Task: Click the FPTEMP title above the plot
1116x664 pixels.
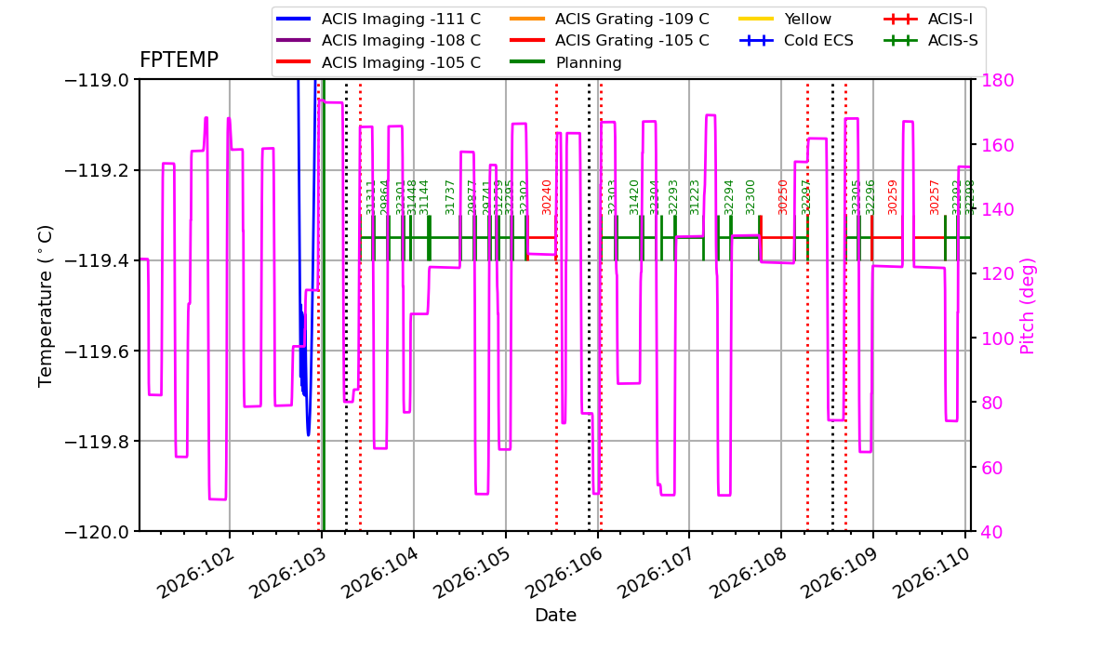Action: [x=179, y=60]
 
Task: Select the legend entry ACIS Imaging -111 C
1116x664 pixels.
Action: [x=401, y=19]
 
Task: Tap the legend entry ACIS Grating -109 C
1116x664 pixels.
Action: [x=631, y=19]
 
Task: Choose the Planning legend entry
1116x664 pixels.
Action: [x=589, y=63]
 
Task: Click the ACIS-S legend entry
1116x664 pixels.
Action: [x=956, y=41]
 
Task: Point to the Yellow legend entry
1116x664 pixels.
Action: [x=807, y=19]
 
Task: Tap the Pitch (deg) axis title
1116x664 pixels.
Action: [x=1028, y=305]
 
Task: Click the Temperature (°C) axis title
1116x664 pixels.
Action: [x=46, y=305]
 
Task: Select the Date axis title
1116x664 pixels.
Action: [x=555, y=616]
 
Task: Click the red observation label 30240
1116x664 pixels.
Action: [x=547, y=197]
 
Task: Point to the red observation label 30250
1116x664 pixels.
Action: [x=783, y=197]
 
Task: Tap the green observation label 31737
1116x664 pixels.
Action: [x=450, y=197]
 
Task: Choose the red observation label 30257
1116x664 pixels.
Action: [x=935, y=197]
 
